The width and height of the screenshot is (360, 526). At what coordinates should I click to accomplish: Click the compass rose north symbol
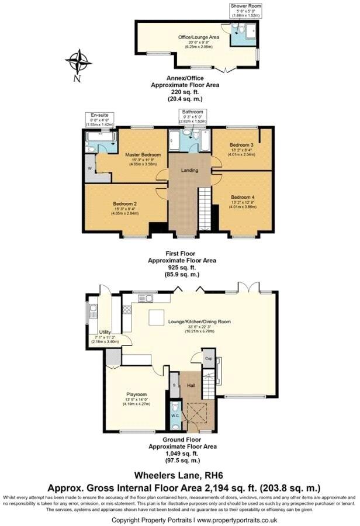(x=78, y=63)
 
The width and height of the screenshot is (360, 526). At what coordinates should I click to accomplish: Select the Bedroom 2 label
(x=124, y=204)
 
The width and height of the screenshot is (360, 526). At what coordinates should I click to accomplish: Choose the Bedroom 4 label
(x=242, y=197)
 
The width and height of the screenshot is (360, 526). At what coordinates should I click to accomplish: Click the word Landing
(x=189, y=171)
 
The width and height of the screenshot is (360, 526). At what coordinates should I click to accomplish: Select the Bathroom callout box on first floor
(x=192, y=116)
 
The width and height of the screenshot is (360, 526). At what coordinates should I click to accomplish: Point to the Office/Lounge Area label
(x=199, y=37)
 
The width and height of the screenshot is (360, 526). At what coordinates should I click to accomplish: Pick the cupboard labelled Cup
(x=208, y=358)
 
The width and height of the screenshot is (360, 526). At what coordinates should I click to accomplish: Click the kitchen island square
(x=156, y=317)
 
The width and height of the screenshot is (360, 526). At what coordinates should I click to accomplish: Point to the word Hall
(x=191, y=386)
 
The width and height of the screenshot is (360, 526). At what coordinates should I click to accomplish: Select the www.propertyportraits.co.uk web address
(x=236, y=520)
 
